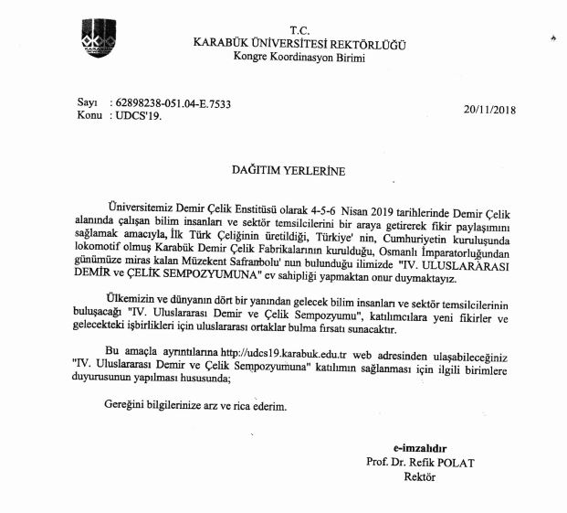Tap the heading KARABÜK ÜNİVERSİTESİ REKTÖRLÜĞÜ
coord(299,43)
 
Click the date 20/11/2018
coord(489,110)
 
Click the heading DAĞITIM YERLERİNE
coord(280,167)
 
